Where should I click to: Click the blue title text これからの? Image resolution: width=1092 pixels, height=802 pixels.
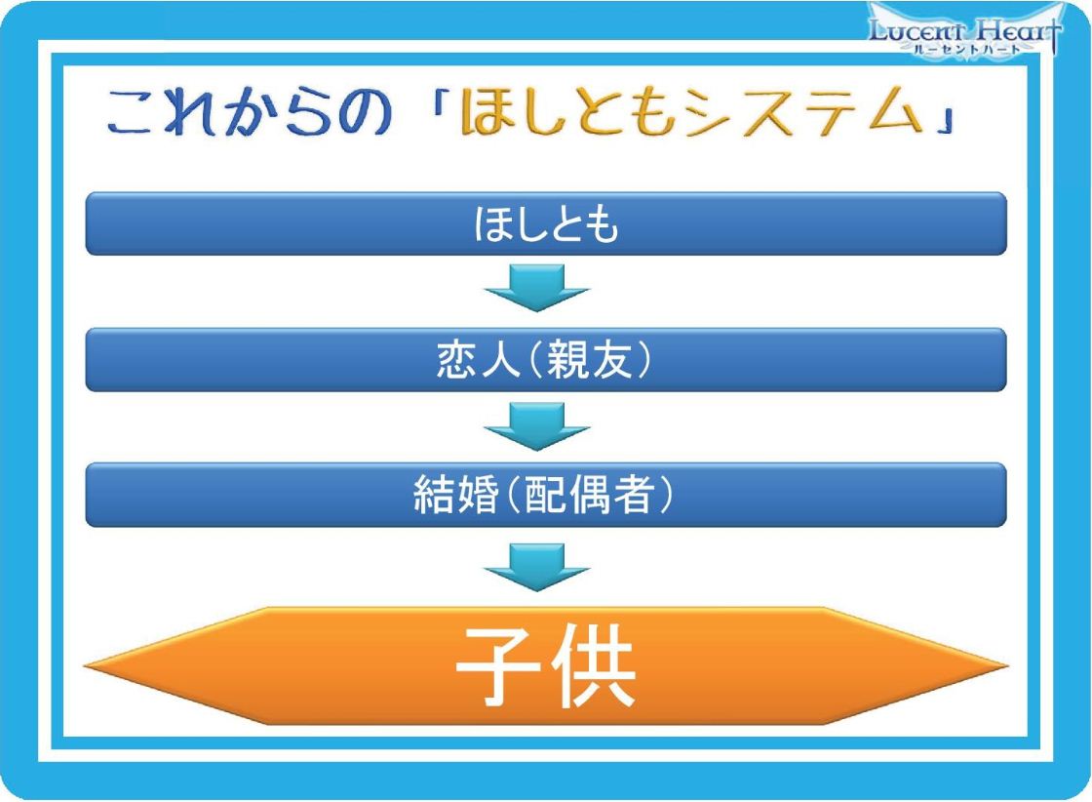(250, 111)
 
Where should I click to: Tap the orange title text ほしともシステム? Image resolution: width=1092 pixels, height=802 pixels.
(690, 111)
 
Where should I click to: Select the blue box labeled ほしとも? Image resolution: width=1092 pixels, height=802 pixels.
(546, 223)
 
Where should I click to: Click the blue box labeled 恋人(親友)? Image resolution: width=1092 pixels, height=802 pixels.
(546, 360)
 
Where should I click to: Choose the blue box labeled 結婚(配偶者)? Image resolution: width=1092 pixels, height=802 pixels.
(546, 495)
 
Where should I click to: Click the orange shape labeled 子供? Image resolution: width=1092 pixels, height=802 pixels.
(546, 666)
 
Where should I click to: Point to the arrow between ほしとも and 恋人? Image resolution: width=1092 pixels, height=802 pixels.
(537, 288)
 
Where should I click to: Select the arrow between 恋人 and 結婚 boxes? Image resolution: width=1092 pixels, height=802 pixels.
(537, 426)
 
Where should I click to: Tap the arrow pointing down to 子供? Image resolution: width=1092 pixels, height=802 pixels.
(537, 567)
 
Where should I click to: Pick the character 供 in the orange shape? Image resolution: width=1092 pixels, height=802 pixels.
(594, 666)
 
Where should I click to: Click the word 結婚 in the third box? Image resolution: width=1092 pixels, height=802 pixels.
(456, 495)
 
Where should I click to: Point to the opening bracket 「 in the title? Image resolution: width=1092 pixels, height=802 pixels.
(440, 102)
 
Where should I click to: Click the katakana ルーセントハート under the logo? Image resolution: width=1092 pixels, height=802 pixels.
(966, 49)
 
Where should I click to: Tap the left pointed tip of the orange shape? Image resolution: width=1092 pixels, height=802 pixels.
(84, 666)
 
